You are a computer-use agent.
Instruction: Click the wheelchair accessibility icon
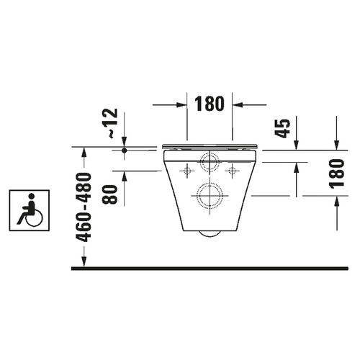(28, 210)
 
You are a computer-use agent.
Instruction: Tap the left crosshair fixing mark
(187, 171)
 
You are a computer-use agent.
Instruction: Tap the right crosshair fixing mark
(233, 171)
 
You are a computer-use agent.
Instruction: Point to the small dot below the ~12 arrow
(124, 150)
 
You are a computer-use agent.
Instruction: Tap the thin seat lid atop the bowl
(210, 146)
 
